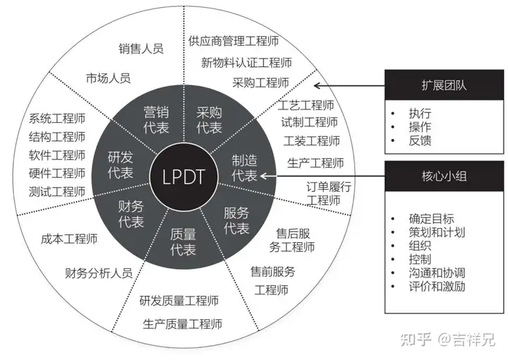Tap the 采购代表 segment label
209,119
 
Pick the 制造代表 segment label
245,168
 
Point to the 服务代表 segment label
236,220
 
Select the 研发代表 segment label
121,164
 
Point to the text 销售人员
141,49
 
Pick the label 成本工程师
69,239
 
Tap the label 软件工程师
57,155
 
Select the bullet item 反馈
419,140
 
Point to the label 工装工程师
311,140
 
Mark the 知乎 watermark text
410,341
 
